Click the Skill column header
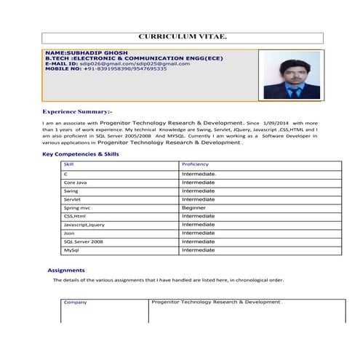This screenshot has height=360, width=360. (x=68, y=165)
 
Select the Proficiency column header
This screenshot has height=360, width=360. (x=196, y=165)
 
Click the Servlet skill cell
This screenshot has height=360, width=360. (x=73, y=199)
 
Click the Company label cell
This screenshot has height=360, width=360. (x=75, y=302)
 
